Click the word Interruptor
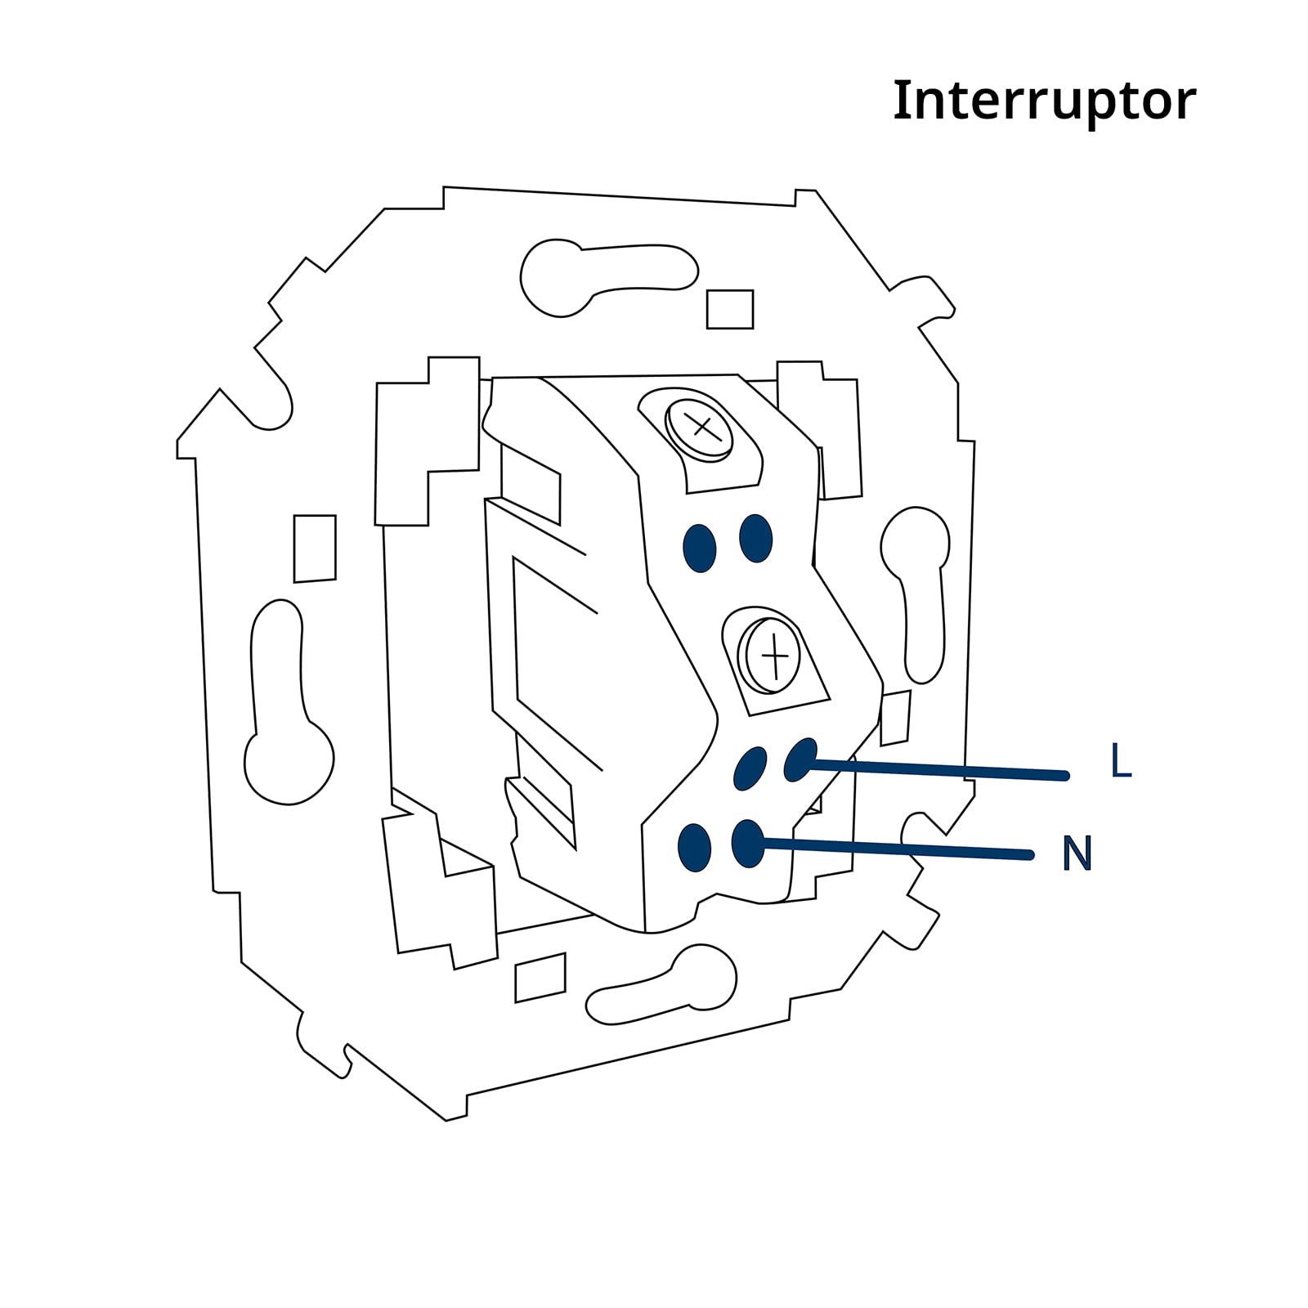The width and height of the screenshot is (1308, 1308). tap(1044, 101)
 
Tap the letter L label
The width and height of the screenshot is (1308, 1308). tap(1121, 761)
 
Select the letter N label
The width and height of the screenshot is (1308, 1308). tap(1077, 853)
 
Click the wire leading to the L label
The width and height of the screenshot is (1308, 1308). tap(936, 770)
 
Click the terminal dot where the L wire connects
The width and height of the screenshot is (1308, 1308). tap(800, 759)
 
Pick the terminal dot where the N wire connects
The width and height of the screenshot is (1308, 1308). tap(748, 844)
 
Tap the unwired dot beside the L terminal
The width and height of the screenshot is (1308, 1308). tap(750, 768)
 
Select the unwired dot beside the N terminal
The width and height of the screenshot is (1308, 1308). tap(695, 848)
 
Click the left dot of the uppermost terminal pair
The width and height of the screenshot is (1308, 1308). tap(699, 548)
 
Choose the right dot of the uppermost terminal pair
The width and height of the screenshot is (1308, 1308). tap(755, 538)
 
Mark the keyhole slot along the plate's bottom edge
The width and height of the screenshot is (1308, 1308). tap(662, 985)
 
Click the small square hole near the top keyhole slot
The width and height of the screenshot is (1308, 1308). tap(730, 309)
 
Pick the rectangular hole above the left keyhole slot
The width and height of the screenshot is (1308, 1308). tap(315, 549)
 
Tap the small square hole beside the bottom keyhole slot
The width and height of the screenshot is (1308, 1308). tap(540, 978)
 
